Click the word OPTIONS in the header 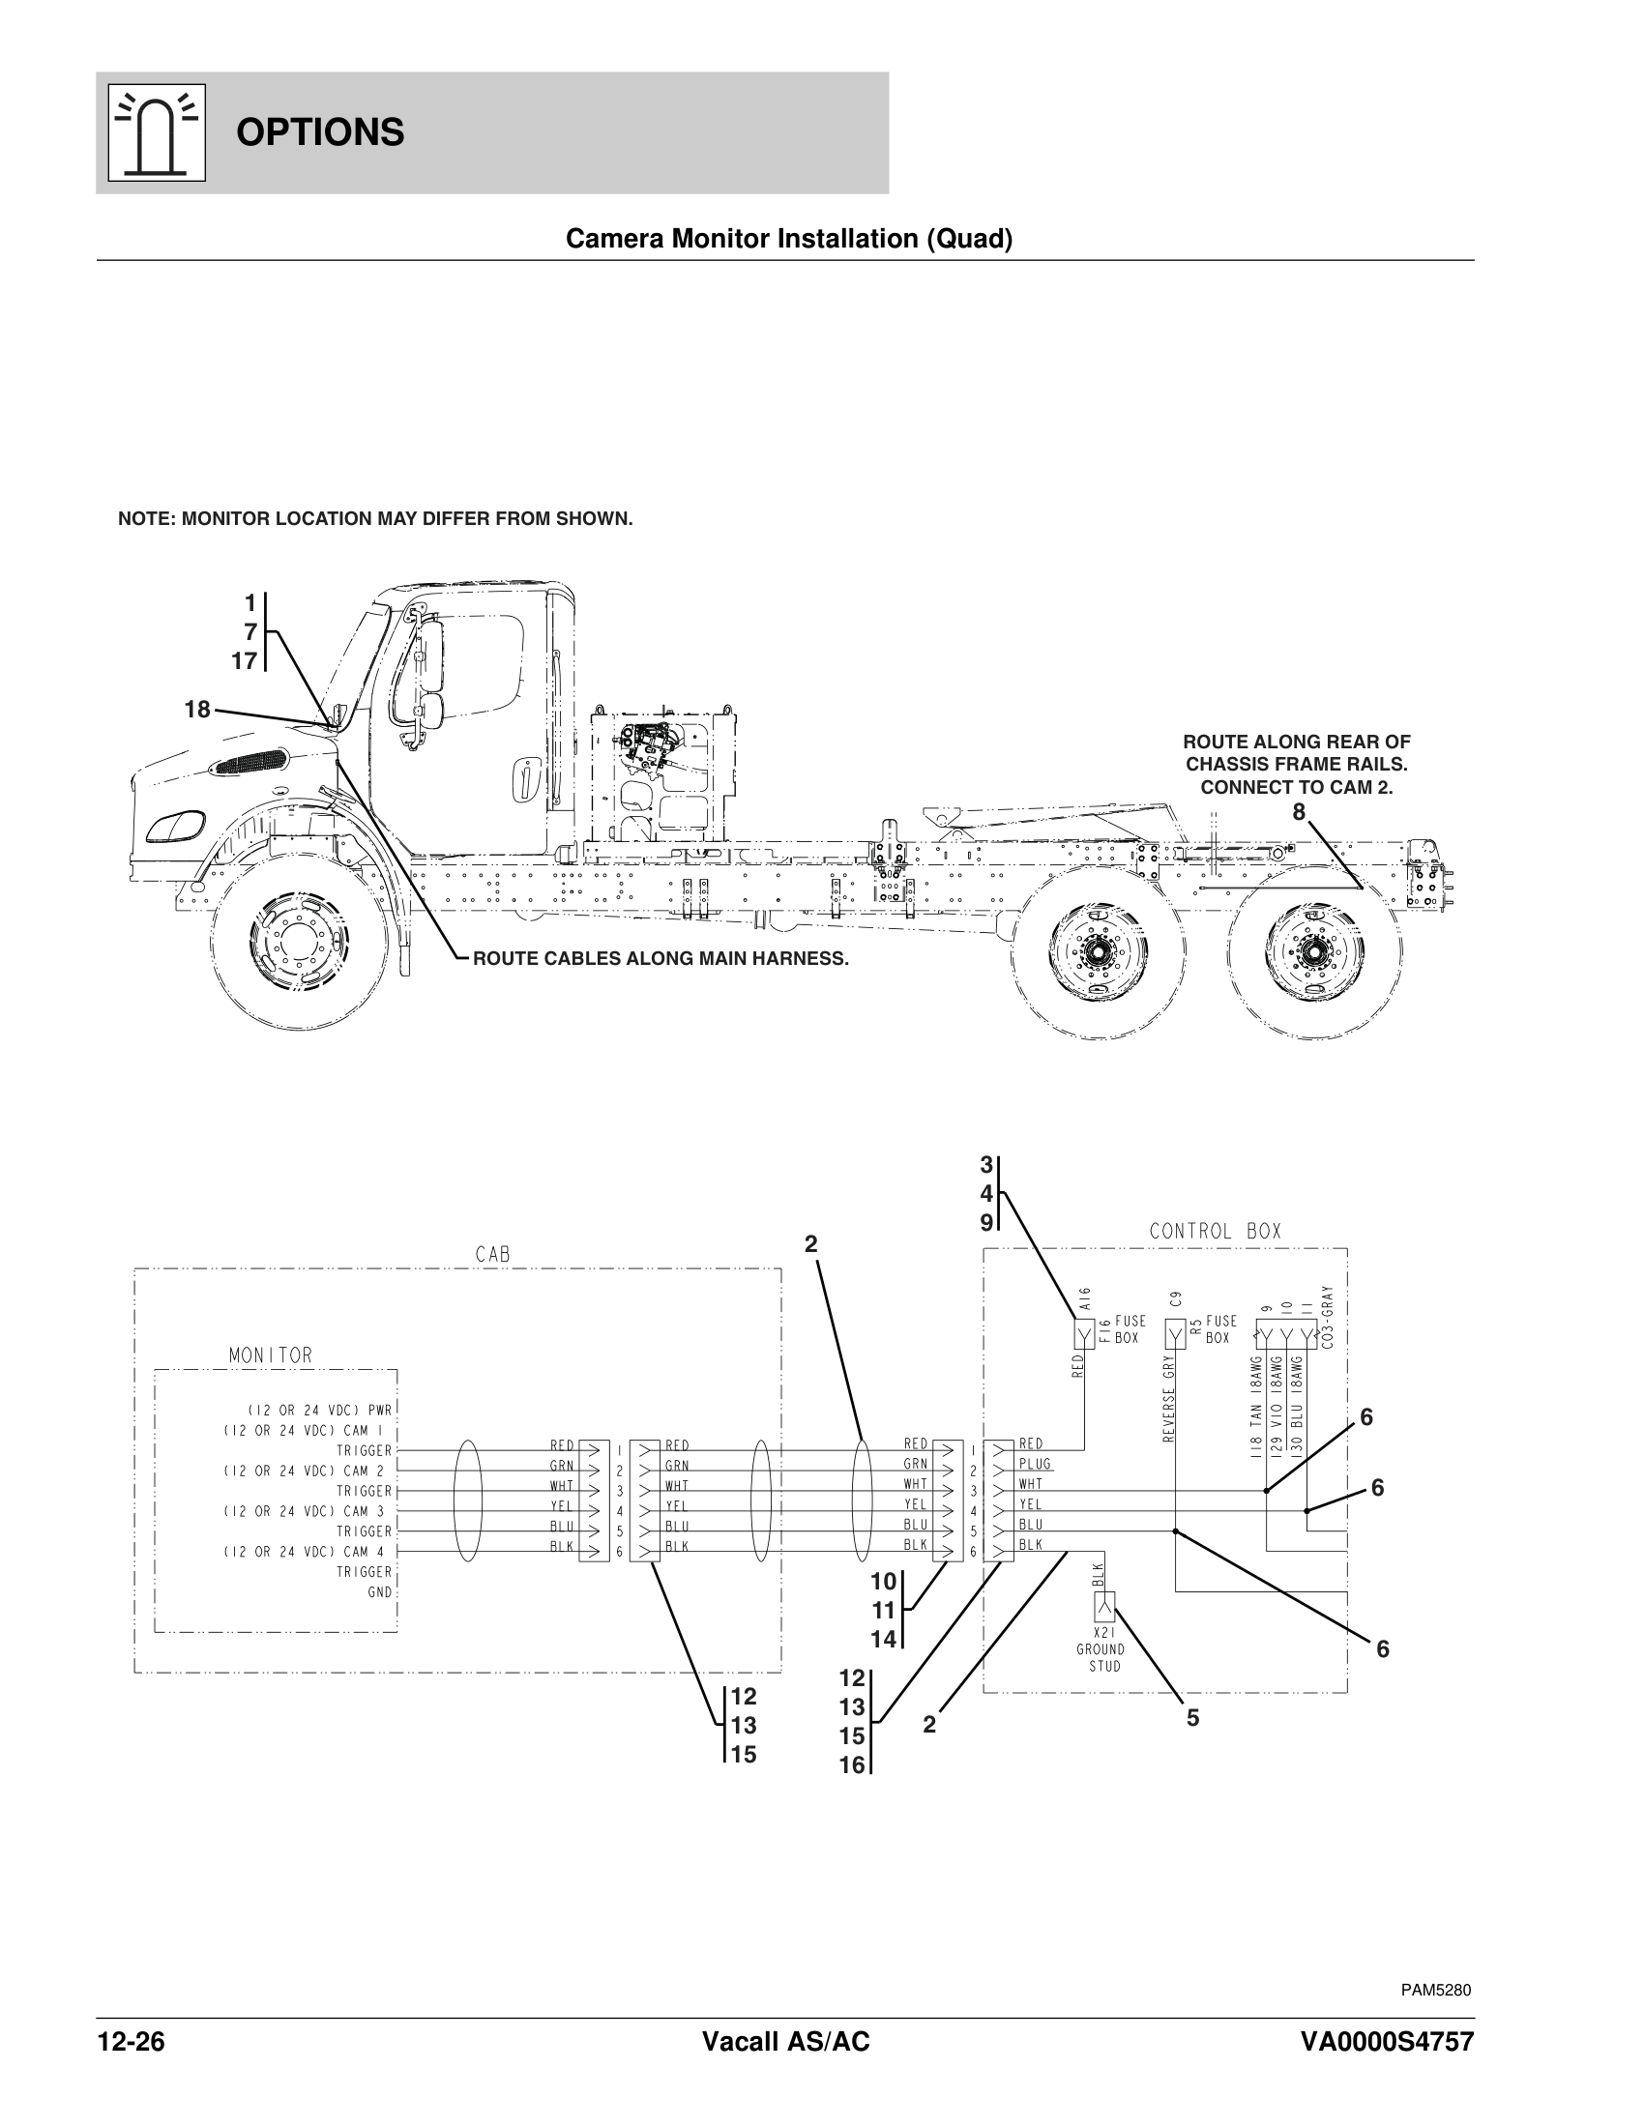coord(319,132)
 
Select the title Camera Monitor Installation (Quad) coord(789,239)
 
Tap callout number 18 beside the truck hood coord(197,710)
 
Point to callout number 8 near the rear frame coord(1298,812)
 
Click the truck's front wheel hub coord(296,944)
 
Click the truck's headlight coord(175,826)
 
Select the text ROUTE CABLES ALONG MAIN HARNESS coord(661,958)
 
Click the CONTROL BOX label coord(1215,1231)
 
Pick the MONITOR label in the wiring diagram coord(270,1355)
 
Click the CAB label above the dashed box coord(493,1255)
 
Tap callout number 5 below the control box coord(1192,1719)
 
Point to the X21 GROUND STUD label coord(1101,1648)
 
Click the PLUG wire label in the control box coord(1035,1464)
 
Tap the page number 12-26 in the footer coord(131,2041)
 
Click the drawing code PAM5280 coord(1436,1990)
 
